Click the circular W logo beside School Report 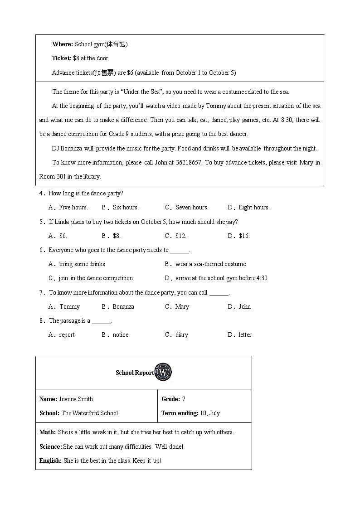click(x=164, y=373)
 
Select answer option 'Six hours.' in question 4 click(x=126, y=207)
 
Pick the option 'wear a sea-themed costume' click(x=210, y=264)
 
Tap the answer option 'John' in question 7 click(x=244, y=306)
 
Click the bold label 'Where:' click(x=62, y=44)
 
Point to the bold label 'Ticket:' click(x=62, y=58)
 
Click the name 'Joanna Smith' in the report click(x=76, y=399)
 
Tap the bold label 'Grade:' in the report click(x=170, y=399)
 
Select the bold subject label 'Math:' click(x=48, y=432)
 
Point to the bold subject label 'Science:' click(x=51, y=446)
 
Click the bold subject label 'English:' click(x=50, y=461)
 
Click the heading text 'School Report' click(x=135, y=373)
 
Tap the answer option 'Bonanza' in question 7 click(x=123, y=306)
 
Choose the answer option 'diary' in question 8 click(x=181, y=334)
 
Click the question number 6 click(x=41, y=250)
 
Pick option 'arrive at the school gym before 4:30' click(x=221, y=278)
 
